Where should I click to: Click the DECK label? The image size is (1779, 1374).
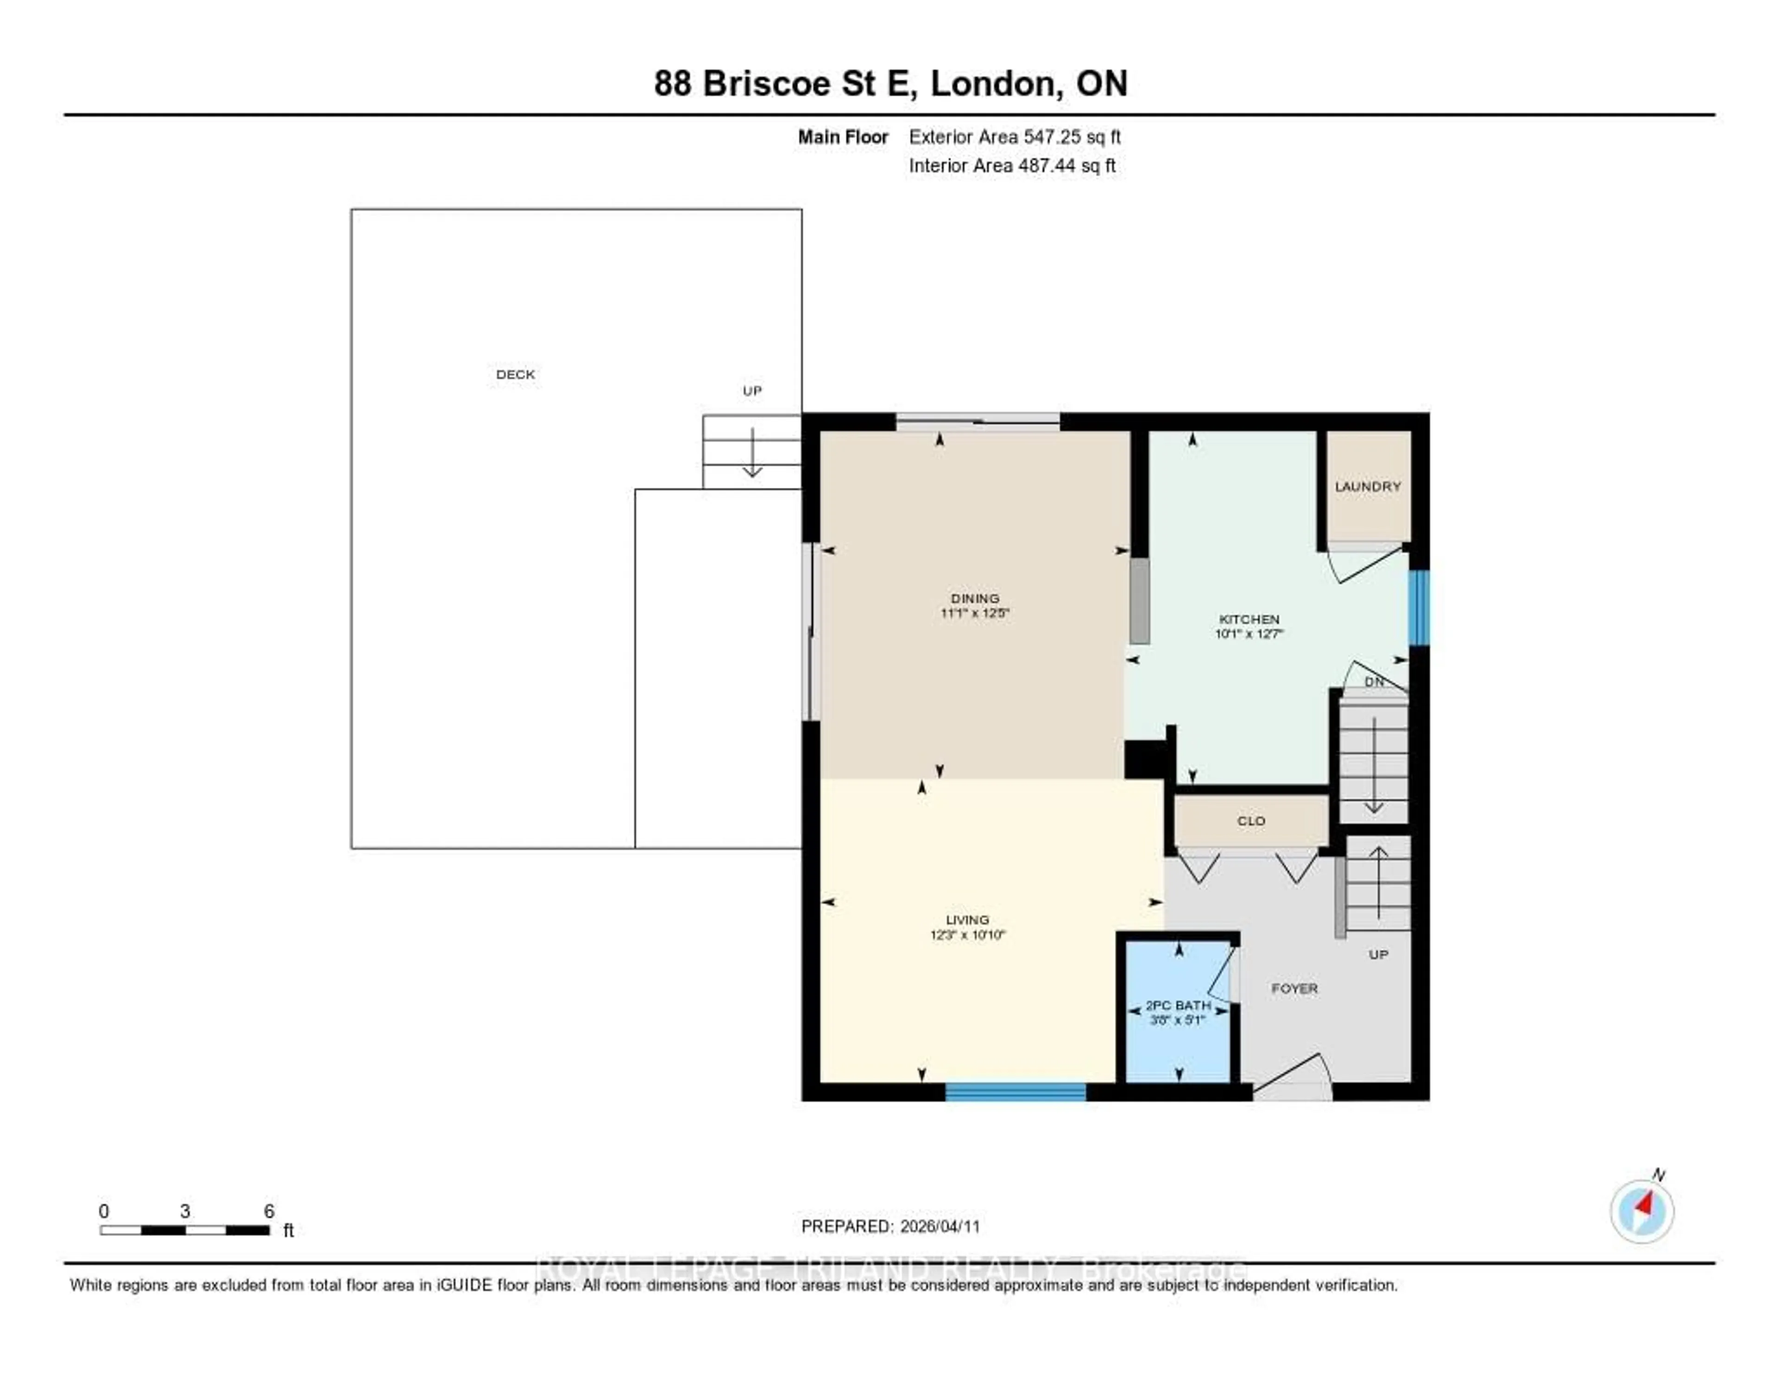click(515, 375)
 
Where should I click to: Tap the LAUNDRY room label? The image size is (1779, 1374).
click(1368, 486)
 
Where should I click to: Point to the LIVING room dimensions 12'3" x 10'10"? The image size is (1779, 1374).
click(968, 935)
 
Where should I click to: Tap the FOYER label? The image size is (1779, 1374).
click(1294, 988)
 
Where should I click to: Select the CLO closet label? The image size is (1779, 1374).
click(1251, 821)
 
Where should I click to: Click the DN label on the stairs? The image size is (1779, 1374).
click(1374, 682)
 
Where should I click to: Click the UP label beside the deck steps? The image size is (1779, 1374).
click(752, 391)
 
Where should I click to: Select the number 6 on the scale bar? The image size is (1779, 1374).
click(269, 1211)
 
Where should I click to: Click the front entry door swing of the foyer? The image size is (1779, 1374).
click(1293, 1077)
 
